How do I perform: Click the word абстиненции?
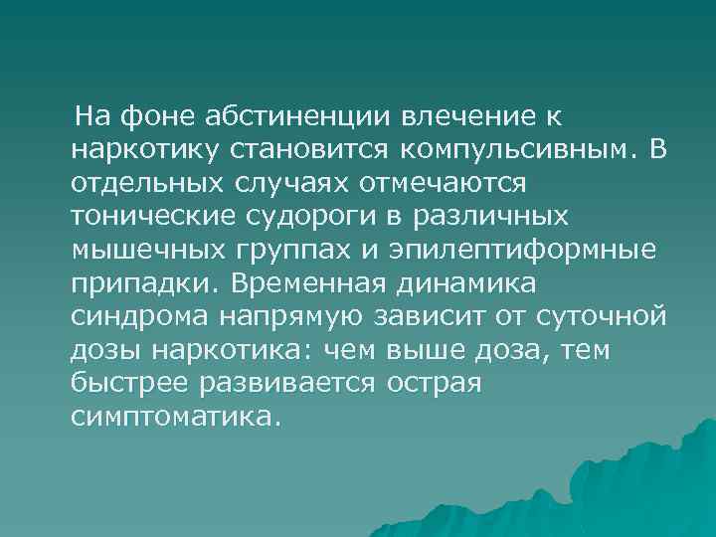[x=297, y=118]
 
